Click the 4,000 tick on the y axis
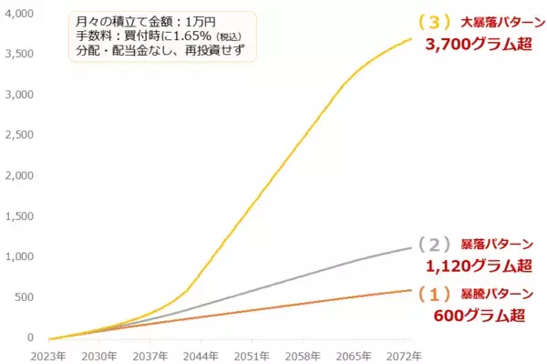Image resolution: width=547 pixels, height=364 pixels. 20,14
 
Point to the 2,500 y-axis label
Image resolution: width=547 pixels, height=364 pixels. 20,135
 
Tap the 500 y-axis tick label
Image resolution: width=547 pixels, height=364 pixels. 25,297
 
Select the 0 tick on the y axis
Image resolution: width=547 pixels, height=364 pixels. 30,338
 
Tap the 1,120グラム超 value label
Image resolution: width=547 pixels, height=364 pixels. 479,267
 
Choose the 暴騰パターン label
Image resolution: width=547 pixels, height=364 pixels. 495,295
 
